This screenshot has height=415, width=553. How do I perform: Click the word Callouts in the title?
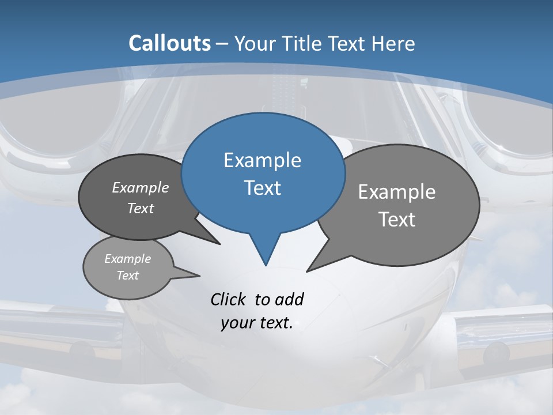click(x=169, y=43)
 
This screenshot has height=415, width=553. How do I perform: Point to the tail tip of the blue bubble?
click(x=266, y=264)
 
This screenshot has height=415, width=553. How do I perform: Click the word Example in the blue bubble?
click(x=262, y=160)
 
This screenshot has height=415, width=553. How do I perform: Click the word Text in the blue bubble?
click(x=262, y=188)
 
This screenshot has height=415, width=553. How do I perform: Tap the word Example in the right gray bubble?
click(x=396, y=192)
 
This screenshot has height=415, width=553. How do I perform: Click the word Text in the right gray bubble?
click(x=396, y=220)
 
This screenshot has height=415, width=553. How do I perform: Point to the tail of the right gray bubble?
click(x=311, y=268)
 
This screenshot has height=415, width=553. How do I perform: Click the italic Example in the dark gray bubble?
click(x=140, y=188)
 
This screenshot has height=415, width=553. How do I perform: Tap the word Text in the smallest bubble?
click(x=127, y=276)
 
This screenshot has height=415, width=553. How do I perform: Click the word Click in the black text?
click(x=228, y=299)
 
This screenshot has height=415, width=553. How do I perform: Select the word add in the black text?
click(x=289, y=299)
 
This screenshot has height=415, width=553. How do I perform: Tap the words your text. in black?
click(x=256, y=323)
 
